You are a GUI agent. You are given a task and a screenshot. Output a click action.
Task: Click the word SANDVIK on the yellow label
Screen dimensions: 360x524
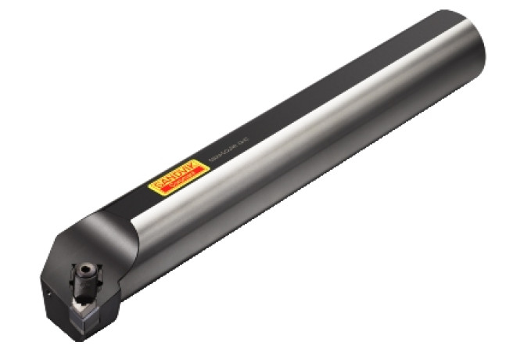click(171, 181)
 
